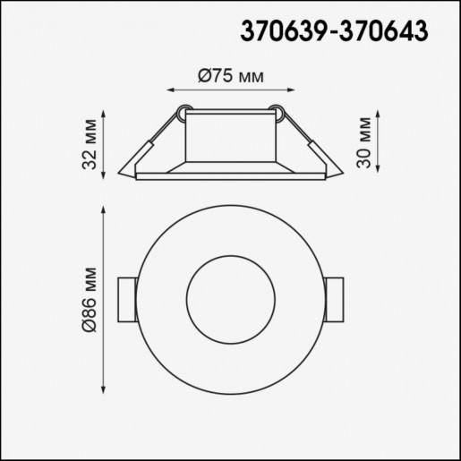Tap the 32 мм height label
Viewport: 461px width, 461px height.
click(x=90, y=145)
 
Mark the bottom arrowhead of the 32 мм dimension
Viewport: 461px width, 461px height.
click(x=107, y=176)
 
